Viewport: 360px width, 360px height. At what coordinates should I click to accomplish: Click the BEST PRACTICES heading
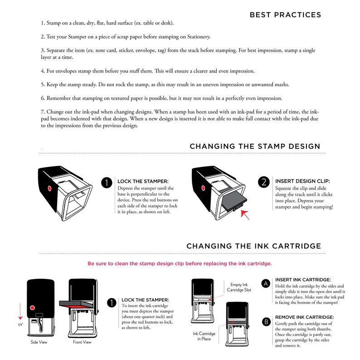[x=285, y=15]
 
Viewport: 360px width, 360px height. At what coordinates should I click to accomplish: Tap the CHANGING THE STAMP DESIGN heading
[x=255, y=146]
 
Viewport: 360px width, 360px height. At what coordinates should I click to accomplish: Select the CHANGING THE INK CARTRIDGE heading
[x=254, y=246]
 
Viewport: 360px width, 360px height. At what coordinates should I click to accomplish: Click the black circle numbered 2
[x=264, y=182]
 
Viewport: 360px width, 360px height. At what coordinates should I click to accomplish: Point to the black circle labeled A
[x=266, y=283]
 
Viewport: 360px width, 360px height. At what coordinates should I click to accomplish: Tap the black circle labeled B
[x=266, y=321]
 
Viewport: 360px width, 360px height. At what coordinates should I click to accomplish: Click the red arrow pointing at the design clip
[x=245, y=215]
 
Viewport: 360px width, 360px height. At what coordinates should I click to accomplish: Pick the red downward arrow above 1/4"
[x=20, y=311]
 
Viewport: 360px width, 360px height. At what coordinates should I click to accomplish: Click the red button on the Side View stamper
[x=32, y=308]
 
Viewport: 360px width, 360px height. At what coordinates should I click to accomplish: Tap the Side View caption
[x=39, y=342]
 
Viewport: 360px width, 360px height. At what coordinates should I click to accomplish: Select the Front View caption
[x=82, y=342]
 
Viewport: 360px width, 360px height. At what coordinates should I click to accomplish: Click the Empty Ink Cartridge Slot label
[x=239, y=287]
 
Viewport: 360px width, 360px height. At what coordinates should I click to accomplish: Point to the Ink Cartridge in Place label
[x=204, y=336]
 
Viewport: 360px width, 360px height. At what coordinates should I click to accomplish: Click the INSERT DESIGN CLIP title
[x=302, y=181]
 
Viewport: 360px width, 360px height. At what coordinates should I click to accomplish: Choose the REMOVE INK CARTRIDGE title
[x=304, y=317]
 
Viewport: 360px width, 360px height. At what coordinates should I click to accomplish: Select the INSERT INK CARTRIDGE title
[x=303, y=280]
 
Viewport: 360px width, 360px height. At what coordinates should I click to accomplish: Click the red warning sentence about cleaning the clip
[x=180, y=263]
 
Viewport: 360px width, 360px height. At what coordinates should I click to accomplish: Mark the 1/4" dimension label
[x=20, y=325]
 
